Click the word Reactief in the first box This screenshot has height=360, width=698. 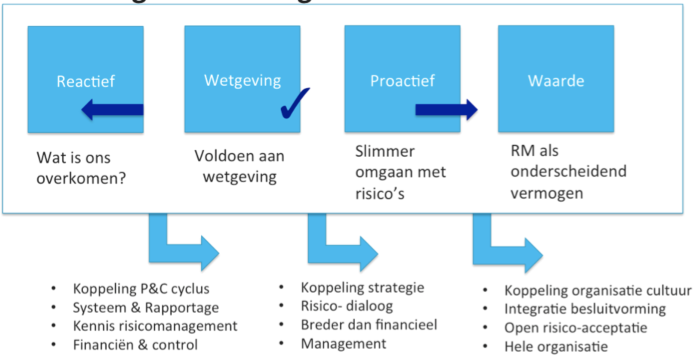point(86,81)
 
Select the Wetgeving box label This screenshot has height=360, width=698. point(242,81)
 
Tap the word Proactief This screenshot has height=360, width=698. point(402,81)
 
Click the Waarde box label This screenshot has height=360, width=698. point(556,81)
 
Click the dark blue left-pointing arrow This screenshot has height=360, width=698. point(112,109)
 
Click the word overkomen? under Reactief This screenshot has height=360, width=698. point(81,179)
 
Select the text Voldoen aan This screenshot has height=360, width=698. point(239,156)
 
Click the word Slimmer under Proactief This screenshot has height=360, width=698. point(384,152)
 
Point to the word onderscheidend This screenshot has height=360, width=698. point(568,171)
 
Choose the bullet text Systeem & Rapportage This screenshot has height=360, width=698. point(146,308)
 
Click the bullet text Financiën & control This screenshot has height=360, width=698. point(135,345)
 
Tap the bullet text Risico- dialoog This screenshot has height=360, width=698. point(347,306)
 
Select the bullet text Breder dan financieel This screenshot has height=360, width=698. point(369,325)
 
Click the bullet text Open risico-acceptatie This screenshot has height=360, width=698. point(575,328)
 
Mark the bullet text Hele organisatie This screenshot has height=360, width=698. point(556,347)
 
